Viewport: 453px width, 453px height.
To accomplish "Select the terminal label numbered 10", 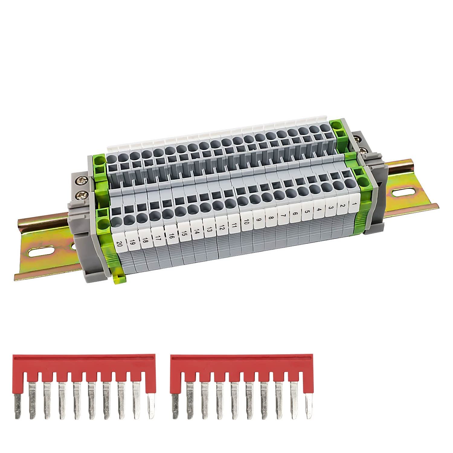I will tap(246, 223).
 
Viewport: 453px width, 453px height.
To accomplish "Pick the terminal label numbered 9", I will tap(259, 220).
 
